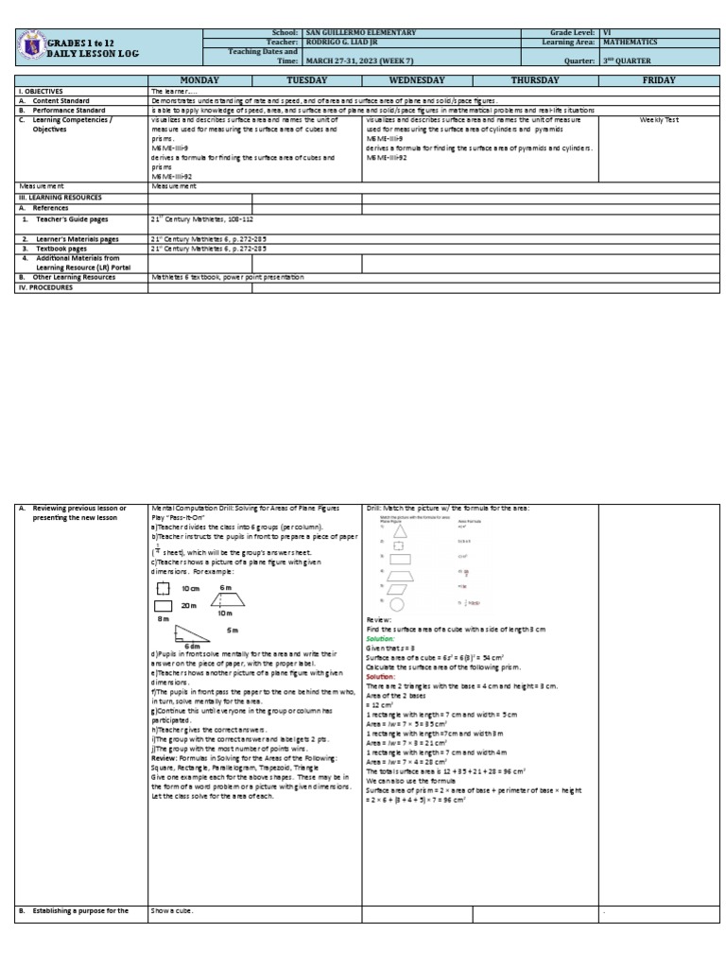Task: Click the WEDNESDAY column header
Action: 417,81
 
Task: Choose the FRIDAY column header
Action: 659,81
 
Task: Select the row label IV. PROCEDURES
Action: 47,287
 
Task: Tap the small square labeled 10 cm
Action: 164,587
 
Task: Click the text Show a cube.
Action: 172,910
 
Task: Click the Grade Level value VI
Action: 606,32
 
